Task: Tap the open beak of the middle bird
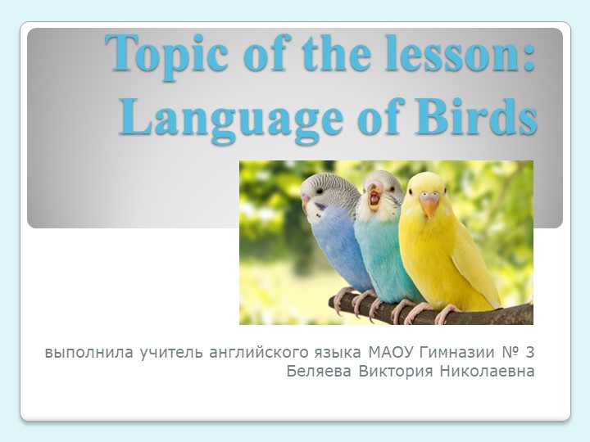(x=374, y=197)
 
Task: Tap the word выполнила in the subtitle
(x=86, y=354)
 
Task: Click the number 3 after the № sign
(x=530, y=354)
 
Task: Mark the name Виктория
(x=397, y=372)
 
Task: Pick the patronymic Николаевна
(x=488, y=372)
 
